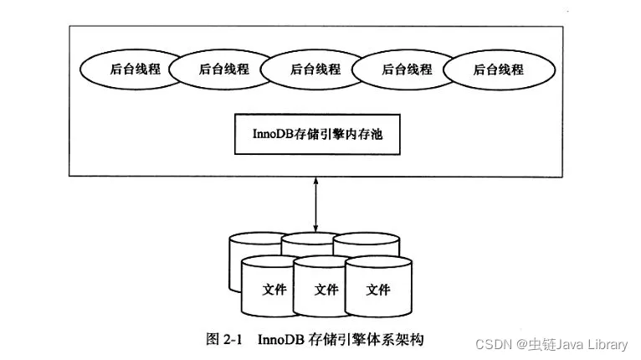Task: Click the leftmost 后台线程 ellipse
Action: [127, 69]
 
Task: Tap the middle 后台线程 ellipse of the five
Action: [315, 69]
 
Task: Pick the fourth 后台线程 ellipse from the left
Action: [407, 69]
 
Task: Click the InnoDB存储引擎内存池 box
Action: [315, 133]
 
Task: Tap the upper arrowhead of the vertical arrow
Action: [315, 180]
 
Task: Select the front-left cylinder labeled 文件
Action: [274, 289]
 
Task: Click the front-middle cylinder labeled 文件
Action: [326, 289]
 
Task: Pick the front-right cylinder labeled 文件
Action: [378, 289]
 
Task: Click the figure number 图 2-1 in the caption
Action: [223, 340]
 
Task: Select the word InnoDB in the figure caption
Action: [279, 340]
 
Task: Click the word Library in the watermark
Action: [605, 344]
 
